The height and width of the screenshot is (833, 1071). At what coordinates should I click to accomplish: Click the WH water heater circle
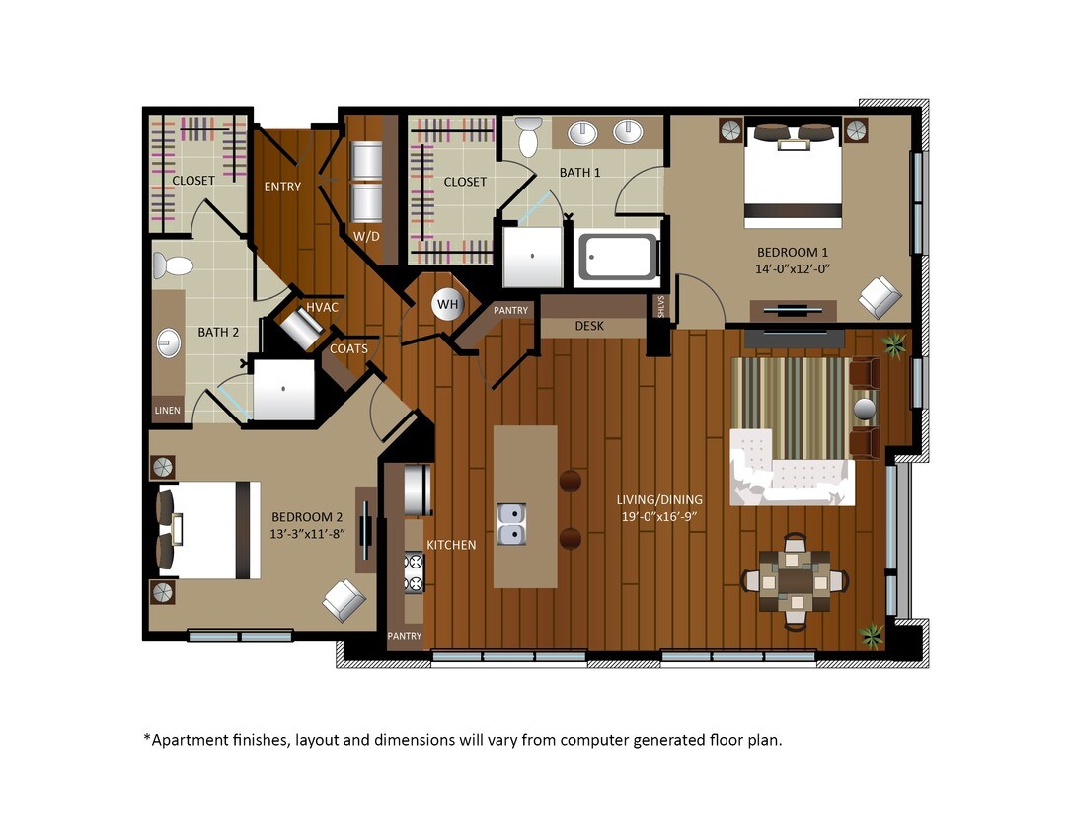[448, 304]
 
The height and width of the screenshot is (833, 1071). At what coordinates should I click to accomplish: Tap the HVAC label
[322, 308]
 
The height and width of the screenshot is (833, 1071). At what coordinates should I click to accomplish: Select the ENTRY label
[282, 187]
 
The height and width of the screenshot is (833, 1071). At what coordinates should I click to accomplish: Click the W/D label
[366, 236]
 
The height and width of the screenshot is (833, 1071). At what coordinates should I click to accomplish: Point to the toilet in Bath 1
[528, 137]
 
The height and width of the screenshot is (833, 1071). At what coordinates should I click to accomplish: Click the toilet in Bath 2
[174, 265]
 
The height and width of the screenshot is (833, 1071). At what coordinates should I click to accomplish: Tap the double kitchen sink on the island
[512, 524]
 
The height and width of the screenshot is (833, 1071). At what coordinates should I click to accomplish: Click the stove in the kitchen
[414, 572]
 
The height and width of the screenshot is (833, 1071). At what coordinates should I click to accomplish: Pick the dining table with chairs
[795, 582]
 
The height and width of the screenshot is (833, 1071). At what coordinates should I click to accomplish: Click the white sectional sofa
[791, 468]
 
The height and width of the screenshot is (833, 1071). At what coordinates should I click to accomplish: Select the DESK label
[589, 326]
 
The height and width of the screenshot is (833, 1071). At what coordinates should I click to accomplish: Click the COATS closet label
[349, 348]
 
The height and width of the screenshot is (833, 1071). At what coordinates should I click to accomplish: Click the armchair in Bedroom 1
[878, 295]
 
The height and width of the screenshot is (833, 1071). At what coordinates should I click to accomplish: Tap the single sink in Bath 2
[167, 342]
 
